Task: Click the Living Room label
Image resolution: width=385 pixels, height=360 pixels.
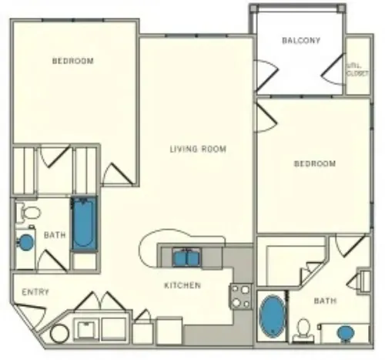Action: click(198, 149)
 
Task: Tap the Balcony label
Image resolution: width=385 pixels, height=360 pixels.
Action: click(301, 41)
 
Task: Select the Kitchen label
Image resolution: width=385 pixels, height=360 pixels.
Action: click(182, 285)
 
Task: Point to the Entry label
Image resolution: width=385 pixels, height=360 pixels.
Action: click(35, 292)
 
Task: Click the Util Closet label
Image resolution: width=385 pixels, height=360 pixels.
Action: click(357, 69)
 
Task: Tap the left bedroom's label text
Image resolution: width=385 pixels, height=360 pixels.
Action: click(73, 61)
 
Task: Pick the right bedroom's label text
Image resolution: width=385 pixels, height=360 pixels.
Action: click(315, 163)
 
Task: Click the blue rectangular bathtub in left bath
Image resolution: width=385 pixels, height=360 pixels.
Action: click(84, 223)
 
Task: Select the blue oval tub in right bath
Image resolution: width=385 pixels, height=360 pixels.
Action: click(272, 316)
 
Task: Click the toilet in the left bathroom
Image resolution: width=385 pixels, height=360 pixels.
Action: click(28, 212)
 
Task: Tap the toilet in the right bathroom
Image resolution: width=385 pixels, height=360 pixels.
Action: click(303, 330)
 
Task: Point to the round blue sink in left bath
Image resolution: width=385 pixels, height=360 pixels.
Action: click(26, 242)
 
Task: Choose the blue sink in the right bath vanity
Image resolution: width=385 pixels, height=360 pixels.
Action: click(346, 333)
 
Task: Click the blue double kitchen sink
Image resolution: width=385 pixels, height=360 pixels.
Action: click(186, 257)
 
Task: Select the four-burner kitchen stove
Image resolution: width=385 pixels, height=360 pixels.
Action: click(241, 296)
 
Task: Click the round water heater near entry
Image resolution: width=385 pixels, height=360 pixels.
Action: click(59, 334)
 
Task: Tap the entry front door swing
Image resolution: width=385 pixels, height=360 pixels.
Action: click(31, 316)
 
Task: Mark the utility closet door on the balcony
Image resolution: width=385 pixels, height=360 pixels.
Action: click(333, 69)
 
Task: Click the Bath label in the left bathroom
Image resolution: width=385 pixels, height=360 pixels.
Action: click(55, 235)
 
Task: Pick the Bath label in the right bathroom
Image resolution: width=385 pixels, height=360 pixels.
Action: click(325, 301)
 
